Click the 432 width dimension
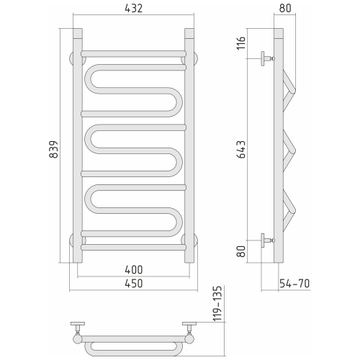tap(134, 9)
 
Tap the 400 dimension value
tap(134, 269)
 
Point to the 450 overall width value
tap(134, 283)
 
